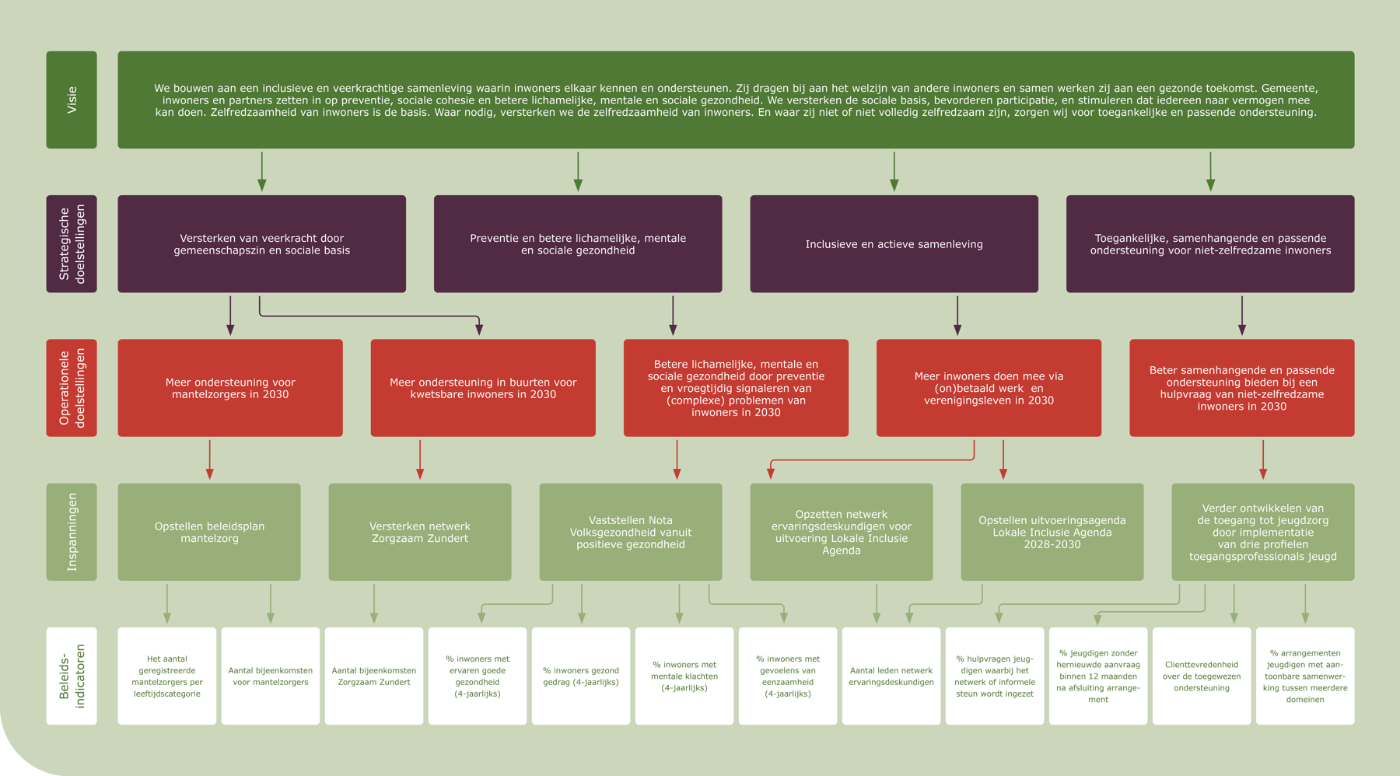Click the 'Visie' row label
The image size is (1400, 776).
click(72, 100)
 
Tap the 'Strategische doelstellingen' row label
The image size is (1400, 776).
click(72, 243)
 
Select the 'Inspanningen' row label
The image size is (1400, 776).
click(72, 532)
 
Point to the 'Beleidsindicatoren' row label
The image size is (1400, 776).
click(72, 676)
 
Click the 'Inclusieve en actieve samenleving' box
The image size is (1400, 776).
click(894, 243)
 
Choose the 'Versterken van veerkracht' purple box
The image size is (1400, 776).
click(261, 243)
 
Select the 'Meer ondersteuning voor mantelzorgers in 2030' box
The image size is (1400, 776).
click(230, 387)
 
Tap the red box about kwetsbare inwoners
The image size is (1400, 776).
click(483, 387)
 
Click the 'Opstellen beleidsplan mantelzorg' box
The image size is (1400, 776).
click(209, 532)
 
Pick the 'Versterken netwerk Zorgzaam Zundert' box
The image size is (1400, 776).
click(420, 532)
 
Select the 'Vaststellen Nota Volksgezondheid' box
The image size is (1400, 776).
click(631, 532)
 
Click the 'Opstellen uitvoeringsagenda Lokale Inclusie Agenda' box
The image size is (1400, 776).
click(1052, 532)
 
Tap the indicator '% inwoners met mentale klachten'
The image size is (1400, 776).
click(684, 676)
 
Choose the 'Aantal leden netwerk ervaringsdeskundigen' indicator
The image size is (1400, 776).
click(891, 676)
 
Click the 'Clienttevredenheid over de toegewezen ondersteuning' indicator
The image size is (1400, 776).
click(1202, 676)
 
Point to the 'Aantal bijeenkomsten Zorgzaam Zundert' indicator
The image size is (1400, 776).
click(374, 676)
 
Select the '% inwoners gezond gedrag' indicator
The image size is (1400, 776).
click(581, 676)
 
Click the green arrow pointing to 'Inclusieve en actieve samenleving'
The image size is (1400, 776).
click(894, 171)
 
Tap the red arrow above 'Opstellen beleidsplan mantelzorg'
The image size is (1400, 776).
click(209, 460)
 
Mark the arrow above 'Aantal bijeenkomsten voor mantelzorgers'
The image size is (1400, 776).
click(271, 603)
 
